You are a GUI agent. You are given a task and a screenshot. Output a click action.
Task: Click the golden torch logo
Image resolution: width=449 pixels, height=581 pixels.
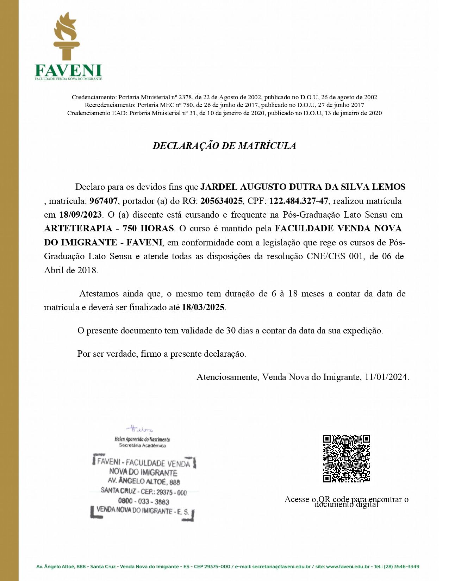click(x=66, y=36)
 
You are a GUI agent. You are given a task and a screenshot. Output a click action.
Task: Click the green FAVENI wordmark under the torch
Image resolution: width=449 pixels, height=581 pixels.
click(x=68, y=71)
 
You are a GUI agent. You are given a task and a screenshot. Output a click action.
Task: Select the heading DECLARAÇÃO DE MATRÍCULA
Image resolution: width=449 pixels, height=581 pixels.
click(x=224, y=146)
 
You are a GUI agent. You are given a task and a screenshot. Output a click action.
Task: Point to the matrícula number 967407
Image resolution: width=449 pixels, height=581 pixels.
click(x=104, y=201)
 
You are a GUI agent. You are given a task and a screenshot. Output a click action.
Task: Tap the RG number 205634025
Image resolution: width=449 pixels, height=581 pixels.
click(x=222, y=201)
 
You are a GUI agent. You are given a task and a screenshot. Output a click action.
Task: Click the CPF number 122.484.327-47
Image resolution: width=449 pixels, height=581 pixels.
click(x=299, y=201)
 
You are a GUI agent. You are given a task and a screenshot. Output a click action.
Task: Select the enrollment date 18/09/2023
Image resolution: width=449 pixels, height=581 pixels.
click(x=81, y=215)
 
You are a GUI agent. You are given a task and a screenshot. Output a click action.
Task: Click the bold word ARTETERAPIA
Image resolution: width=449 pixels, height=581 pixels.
click(x=78, y=229)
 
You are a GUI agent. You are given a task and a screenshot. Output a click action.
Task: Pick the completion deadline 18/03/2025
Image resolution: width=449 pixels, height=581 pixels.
click(x=203, y=307)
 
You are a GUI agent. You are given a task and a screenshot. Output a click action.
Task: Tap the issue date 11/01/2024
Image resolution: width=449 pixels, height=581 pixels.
click(x=386, y=377)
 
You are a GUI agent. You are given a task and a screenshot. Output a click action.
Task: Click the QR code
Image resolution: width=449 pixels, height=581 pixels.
click(x=347, y=459)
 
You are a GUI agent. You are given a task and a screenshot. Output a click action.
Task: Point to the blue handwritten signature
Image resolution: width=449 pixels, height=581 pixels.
click(x=140, y=429)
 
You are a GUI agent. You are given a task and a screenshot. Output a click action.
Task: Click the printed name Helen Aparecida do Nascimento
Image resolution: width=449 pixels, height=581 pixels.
click(x=142, y=439)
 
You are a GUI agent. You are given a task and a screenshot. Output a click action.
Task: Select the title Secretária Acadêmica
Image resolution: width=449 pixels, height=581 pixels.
click(x=142, y=445)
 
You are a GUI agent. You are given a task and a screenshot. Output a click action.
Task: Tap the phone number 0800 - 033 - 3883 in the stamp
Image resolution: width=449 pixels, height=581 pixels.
click(x=144, y=501)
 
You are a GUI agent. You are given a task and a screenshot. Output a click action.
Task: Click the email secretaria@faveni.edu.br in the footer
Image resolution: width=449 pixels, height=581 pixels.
click(x=281, y=567)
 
